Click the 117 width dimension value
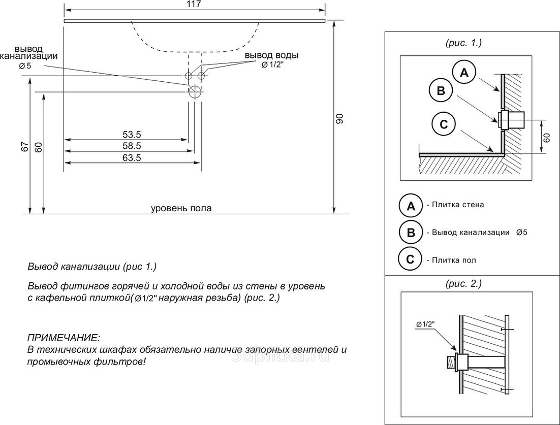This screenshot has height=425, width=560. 194,4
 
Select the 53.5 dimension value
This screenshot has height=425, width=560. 131,135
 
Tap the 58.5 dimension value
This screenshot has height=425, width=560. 131,146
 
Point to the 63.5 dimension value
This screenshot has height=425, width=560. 131,158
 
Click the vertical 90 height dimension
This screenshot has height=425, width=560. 340,119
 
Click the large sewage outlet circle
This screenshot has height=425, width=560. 195,92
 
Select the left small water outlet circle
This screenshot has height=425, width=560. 189,76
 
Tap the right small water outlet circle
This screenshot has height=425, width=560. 201,76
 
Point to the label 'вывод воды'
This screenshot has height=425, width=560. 271,55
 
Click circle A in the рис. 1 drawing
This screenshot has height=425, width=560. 464,73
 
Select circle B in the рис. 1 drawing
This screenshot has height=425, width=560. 441,91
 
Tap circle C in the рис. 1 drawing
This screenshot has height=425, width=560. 444,124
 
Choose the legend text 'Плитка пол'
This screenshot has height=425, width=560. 454,260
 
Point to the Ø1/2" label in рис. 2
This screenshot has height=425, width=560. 426,324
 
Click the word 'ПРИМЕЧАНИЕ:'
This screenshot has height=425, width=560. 64,338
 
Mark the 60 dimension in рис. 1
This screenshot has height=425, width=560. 547,137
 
